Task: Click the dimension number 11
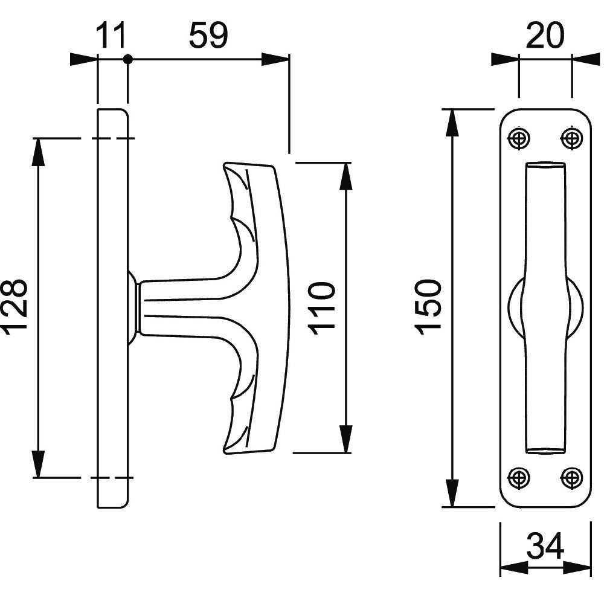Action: (111, 35)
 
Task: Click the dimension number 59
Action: (208, 35)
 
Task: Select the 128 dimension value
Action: (16, 307)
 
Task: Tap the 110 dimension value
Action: (321, 308)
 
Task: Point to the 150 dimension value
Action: (428, 307)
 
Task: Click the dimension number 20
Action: (544, 36)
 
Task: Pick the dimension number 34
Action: (545, 545)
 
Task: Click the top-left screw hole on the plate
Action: (519, 138)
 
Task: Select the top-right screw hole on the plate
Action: (571, 138)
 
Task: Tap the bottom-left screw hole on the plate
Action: (519, 478)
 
